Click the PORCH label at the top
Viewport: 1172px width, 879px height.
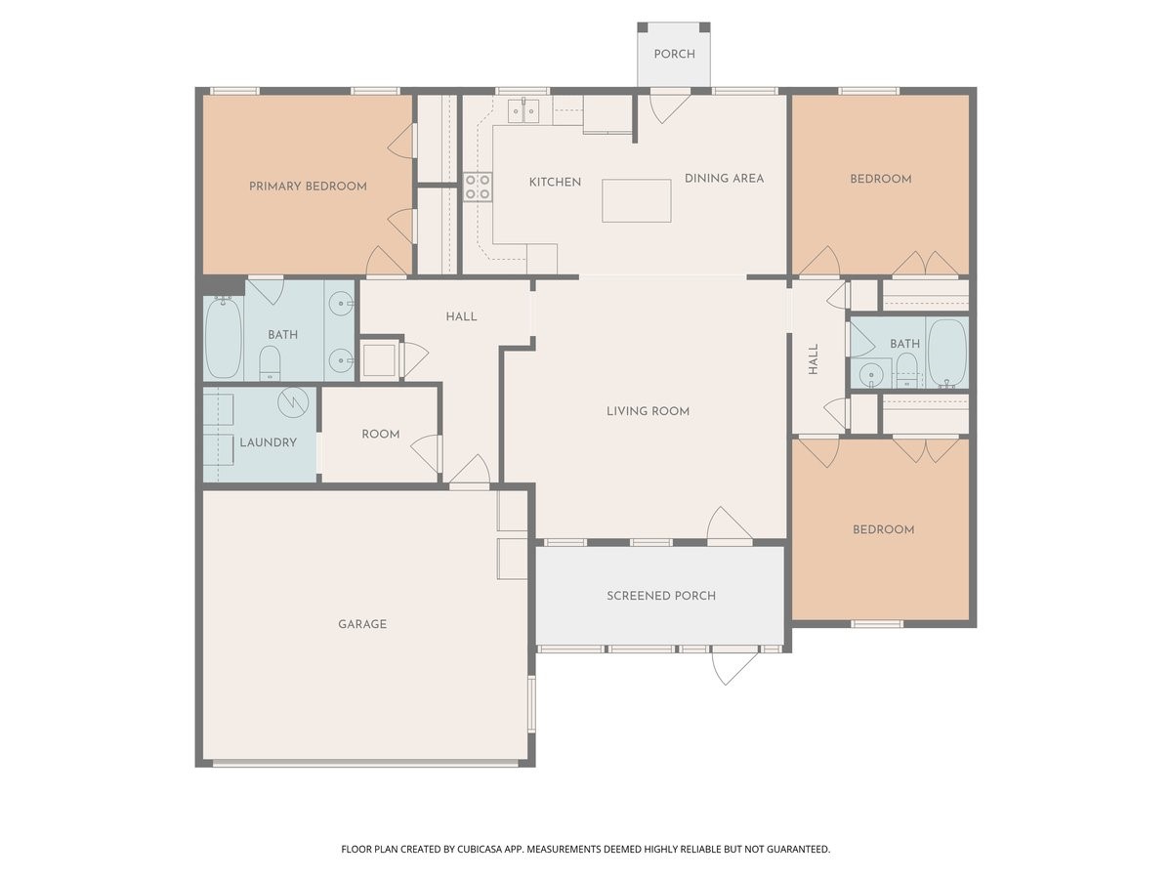pos(674,54)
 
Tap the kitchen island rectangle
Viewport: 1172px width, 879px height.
pos(637,200)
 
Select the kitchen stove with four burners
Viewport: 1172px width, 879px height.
pos(478,187)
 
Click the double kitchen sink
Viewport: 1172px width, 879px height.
pos(523,110)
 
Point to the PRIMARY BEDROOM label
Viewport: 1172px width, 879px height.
pos(308,187)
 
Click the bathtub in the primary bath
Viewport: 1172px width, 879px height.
pos(224,339)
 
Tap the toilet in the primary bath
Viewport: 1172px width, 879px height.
pos(270,363)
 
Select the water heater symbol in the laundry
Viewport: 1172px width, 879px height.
pos(293,402)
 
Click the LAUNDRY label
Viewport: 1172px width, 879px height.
pos(268,441)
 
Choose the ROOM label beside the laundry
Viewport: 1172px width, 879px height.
pos(381,434)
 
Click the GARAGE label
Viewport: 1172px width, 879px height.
pos(362,623)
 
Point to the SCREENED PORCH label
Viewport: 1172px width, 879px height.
pos(661,596)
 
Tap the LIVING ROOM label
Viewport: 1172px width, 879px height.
pos(649,411)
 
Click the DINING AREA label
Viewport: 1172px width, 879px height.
pos(724,179)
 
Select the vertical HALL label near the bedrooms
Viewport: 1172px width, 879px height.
pos(814,359)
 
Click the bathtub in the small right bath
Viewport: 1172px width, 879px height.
pos(947,353)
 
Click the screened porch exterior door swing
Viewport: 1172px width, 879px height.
pos(734,668)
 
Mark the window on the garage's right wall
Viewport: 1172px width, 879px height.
pos(531,703)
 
